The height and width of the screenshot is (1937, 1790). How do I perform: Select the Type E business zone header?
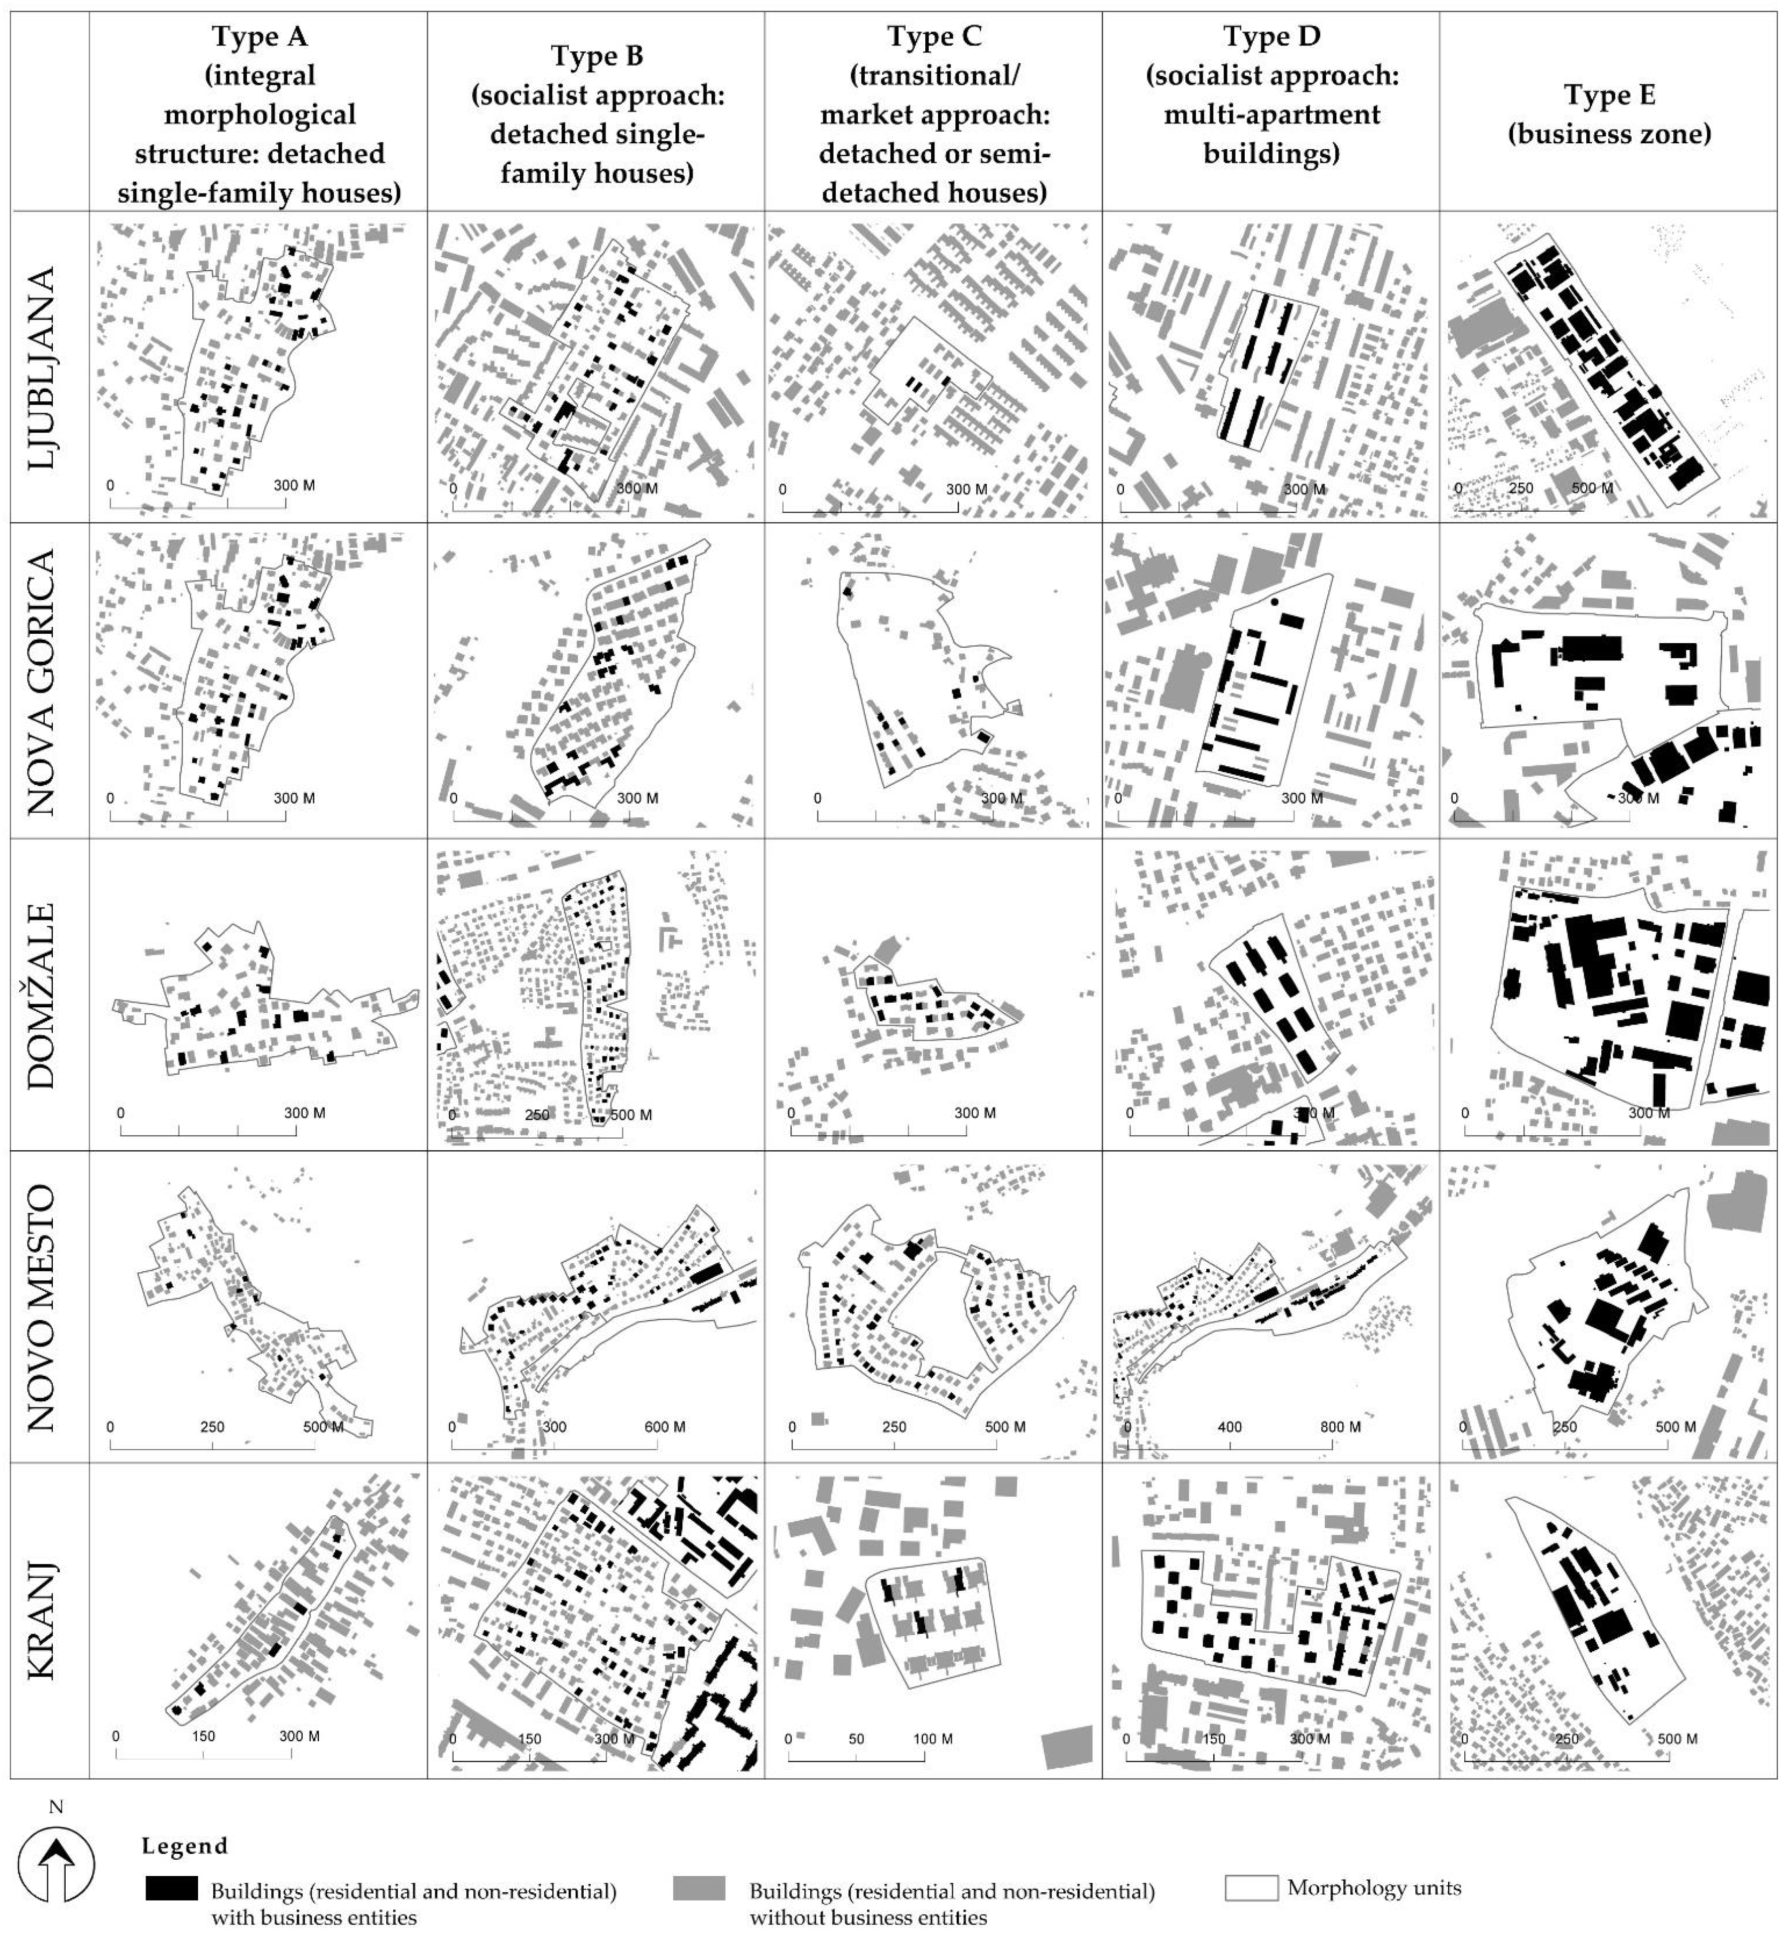coord(1609,114)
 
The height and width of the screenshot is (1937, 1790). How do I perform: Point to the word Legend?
coord(184,1846)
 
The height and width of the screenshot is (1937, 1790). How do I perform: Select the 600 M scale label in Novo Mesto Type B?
coord(665,1426)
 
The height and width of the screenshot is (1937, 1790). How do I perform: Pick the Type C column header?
coord(934,114)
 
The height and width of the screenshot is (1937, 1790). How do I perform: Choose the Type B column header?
coord(596,114)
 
